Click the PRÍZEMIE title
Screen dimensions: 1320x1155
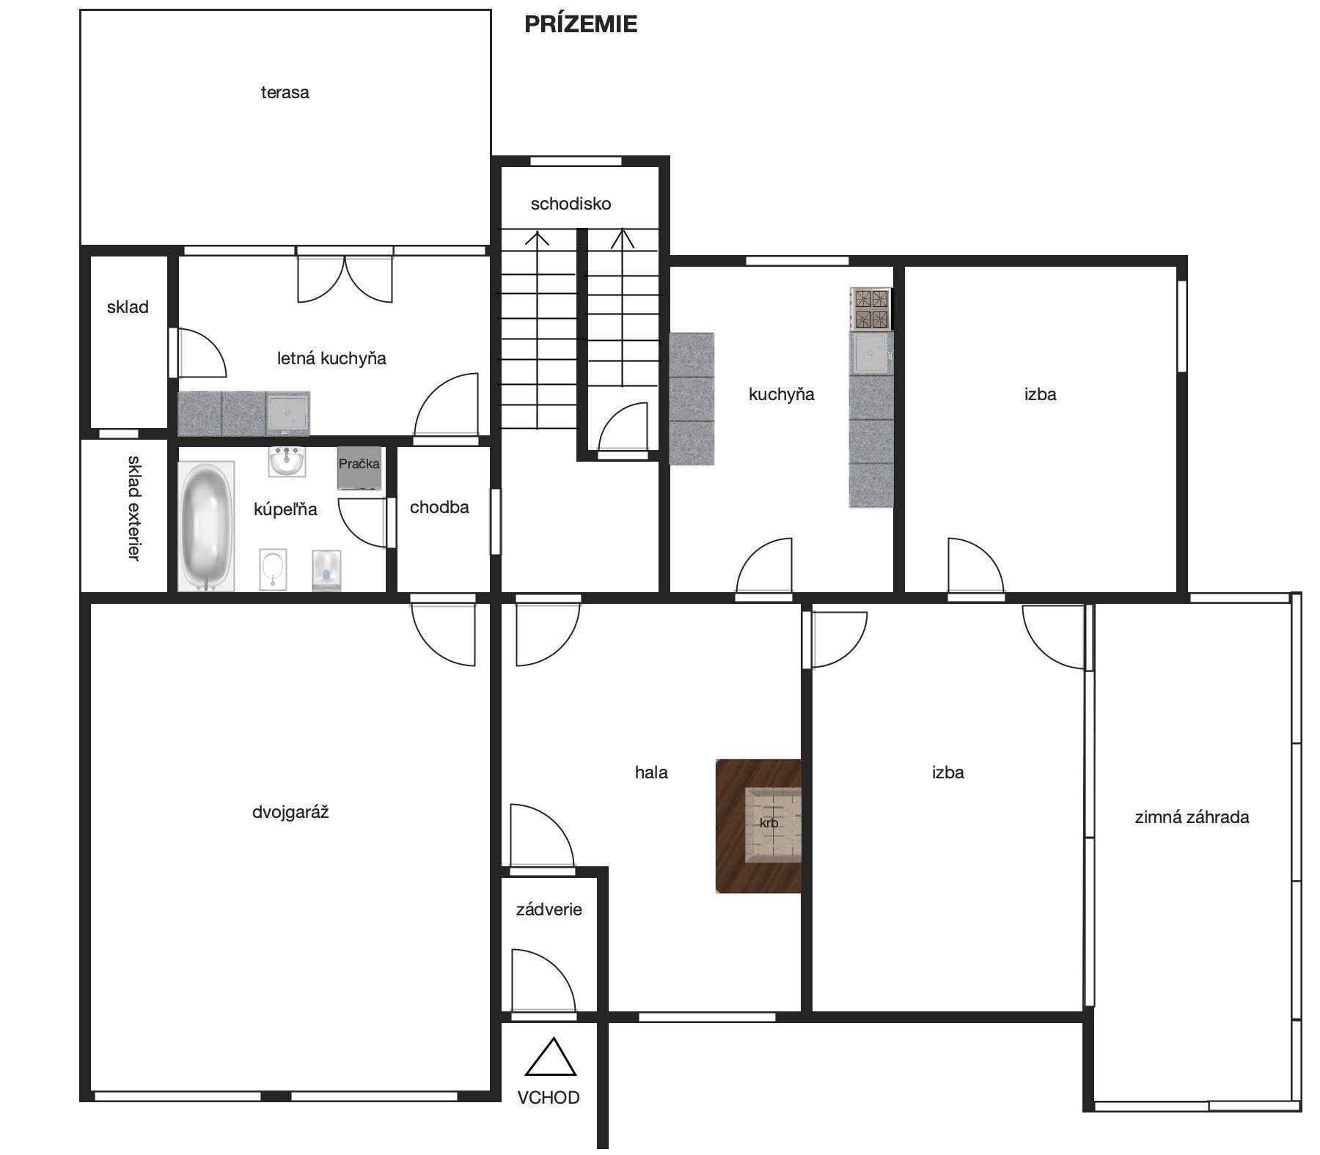click(581, 24)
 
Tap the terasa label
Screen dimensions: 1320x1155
click(285, 92)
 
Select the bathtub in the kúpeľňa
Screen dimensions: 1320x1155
click(206, 526)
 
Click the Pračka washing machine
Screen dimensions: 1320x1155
click(359, 468)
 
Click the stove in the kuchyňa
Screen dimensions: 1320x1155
click(870, 309)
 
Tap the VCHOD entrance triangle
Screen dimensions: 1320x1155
click(551, 1058)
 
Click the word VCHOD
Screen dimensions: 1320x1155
click(549, 1097)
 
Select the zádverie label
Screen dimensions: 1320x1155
click(549, 909)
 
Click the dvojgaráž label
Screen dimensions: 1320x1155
click(290, 812)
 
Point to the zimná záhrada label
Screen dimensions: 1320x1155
click(1192, 817)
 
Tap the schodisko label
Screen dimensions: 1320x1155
click(571, 204)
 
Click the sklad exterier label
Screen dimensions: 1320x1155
click(133, 508)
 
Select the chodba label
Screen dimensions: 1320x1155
click(439, 507)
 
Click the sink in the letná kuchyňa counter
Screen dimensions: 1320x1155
click(287, 413)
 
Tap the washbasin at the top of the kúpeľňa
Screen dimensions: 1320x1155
click(287, 461)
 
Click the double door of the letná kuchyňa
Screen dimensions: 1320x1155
click(345, 278)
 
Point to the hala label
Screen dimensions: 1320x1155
click(651, 772)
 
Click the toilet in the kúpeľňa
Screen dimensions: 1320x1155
click(326, 570)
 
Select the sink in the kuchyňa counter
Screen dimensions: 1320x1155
click(871, 353)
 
